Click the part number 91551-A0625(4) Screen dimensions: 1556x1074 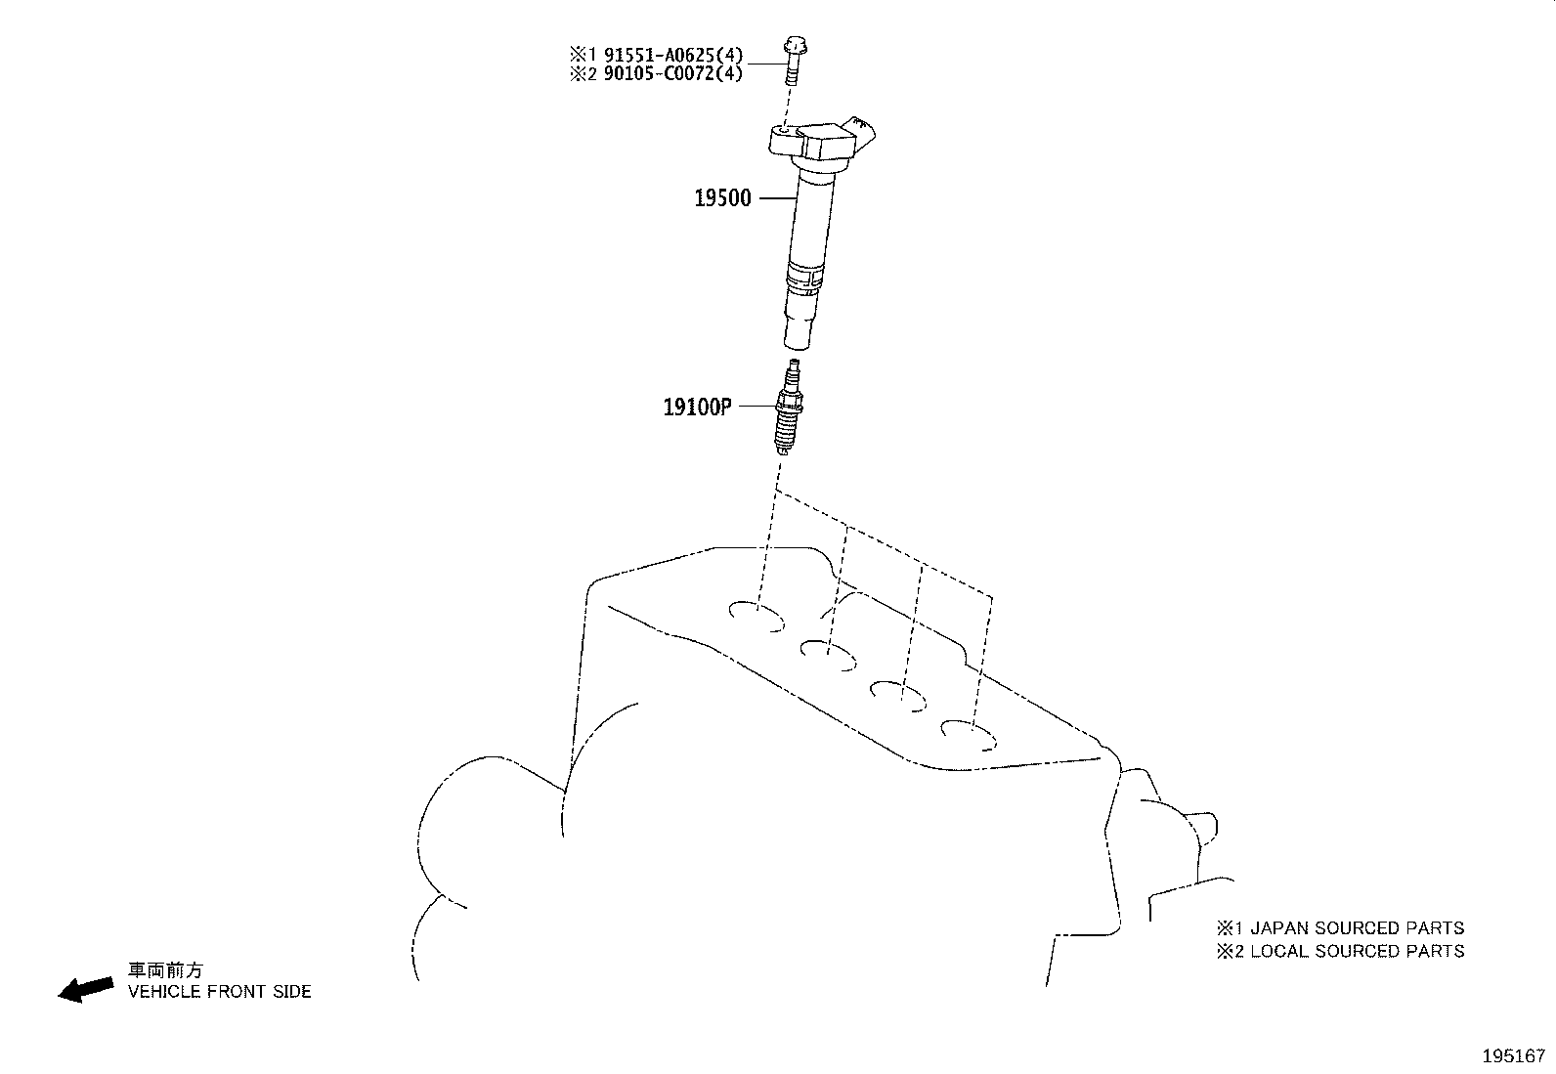[673, 54]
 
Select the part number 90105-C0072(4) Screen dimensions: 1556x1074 [673, 73]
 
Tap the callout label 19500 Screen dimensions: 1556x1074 [722, 198]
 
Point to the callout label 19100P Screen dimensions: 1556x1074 [698, 407]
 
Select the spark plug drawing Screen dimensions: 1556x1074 [789, 408]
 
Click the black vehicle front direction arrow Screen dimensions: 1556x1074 [85, 989]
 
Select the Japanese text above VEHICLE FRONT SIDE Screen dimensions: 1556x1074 [164, 969]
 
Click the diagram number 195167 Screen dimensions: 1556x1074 [1514, 1056]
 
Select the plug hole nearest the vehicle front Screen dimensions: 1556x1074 [756, 617]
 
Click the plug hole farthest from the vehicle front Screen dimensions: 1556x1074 [969, 735]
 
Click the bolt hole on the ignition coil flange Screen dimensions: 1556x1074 [785, 130]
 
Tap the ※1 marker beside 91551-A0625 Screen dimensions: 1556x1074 [583, 54]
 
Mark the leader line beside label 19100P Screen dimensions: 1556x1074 [757, 406]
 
